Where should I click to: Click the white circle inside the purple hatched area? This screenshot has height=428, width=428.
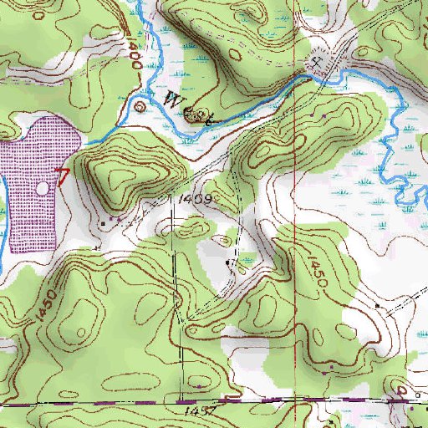(43, 186)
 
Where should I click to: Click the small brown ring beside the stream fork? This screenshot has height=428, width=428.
(139, 105)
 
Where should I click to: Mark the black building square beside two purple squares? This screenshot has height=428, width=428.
(103, 223)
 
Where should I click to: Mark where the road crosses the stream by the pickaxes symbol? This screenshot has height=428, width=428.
(322, 75)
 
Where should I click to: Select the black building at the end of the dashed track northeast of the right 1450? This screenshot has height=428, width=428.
(377, 306)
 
